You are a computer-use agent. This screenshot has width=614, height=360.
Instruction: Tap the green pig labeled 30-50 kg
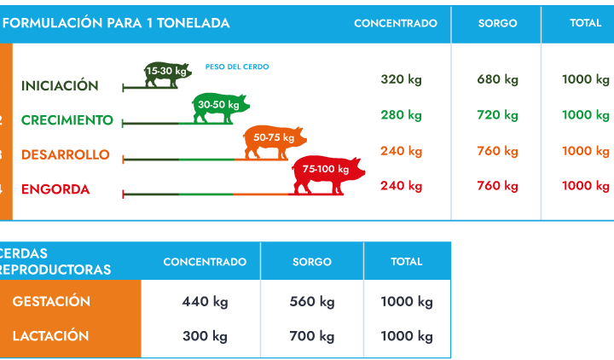coord(221,106)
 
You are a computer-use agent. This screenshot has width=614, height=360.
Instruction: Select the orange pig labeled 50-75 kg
coord(274,141)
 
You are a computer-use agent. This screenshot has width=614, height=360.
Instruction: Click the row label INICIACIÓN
coord(60,85)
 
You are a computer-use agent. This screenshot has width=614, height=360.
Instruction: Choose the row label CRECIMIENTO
coord(67,120)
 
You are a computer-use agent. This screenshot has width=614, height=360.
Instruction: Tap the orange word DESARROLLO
coord(66,154)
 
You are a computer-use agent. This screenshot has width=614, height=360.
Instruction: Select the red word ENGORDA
coord(55,189)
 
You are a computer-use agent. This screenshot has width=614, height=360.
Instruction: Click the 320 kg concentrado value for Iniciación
coord(401,79)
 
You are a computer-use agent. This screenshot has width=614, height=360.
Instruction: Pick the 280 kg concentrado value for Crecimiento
coord(401,114)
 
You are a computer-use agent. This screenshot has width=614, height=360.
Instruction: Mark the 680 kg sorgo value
coord(498,79)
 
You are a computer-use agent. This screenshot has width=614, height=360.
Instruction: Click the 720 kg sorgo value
coord(498,114)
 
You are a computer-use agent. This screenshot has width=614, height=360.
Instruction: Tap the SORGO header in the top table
coord(497,23)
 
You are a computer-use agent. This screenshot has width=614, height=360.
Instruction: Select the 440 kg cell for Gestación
coord(205,301)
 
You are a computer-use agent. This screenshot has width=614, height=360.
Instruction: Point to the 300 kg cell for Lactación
coord(205,335)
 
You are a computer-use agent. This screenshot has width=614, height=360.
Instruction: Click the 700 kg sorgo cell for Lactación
coord(312,335)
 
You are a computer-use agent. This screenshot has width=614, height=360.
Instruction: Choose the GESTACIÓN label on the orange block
coord(51,301)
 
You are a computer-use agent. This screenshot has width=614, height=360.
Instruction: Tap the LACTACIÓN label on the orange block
coord(50,335)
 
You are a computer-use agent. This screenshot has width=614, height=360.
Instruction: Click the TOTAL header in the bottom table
coord(407,261)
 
